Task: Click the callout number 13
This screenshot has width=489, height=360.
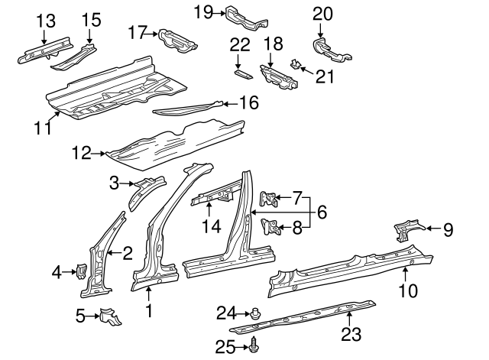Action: point(45,21)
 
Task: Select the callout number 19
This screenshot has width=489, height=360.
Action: point(203,11)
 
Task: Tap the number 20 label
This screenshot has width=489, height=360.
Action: point(323,13)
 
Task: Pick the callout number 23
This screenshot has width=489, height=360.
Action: point(350,334)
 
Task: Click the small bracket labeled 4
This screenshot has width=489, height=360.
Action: point(79,271)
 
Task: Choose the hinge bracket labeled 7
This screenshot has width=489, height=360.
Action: point(268,199)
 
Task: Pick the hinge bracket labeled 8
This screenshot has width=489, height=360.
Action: point(269,226)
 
